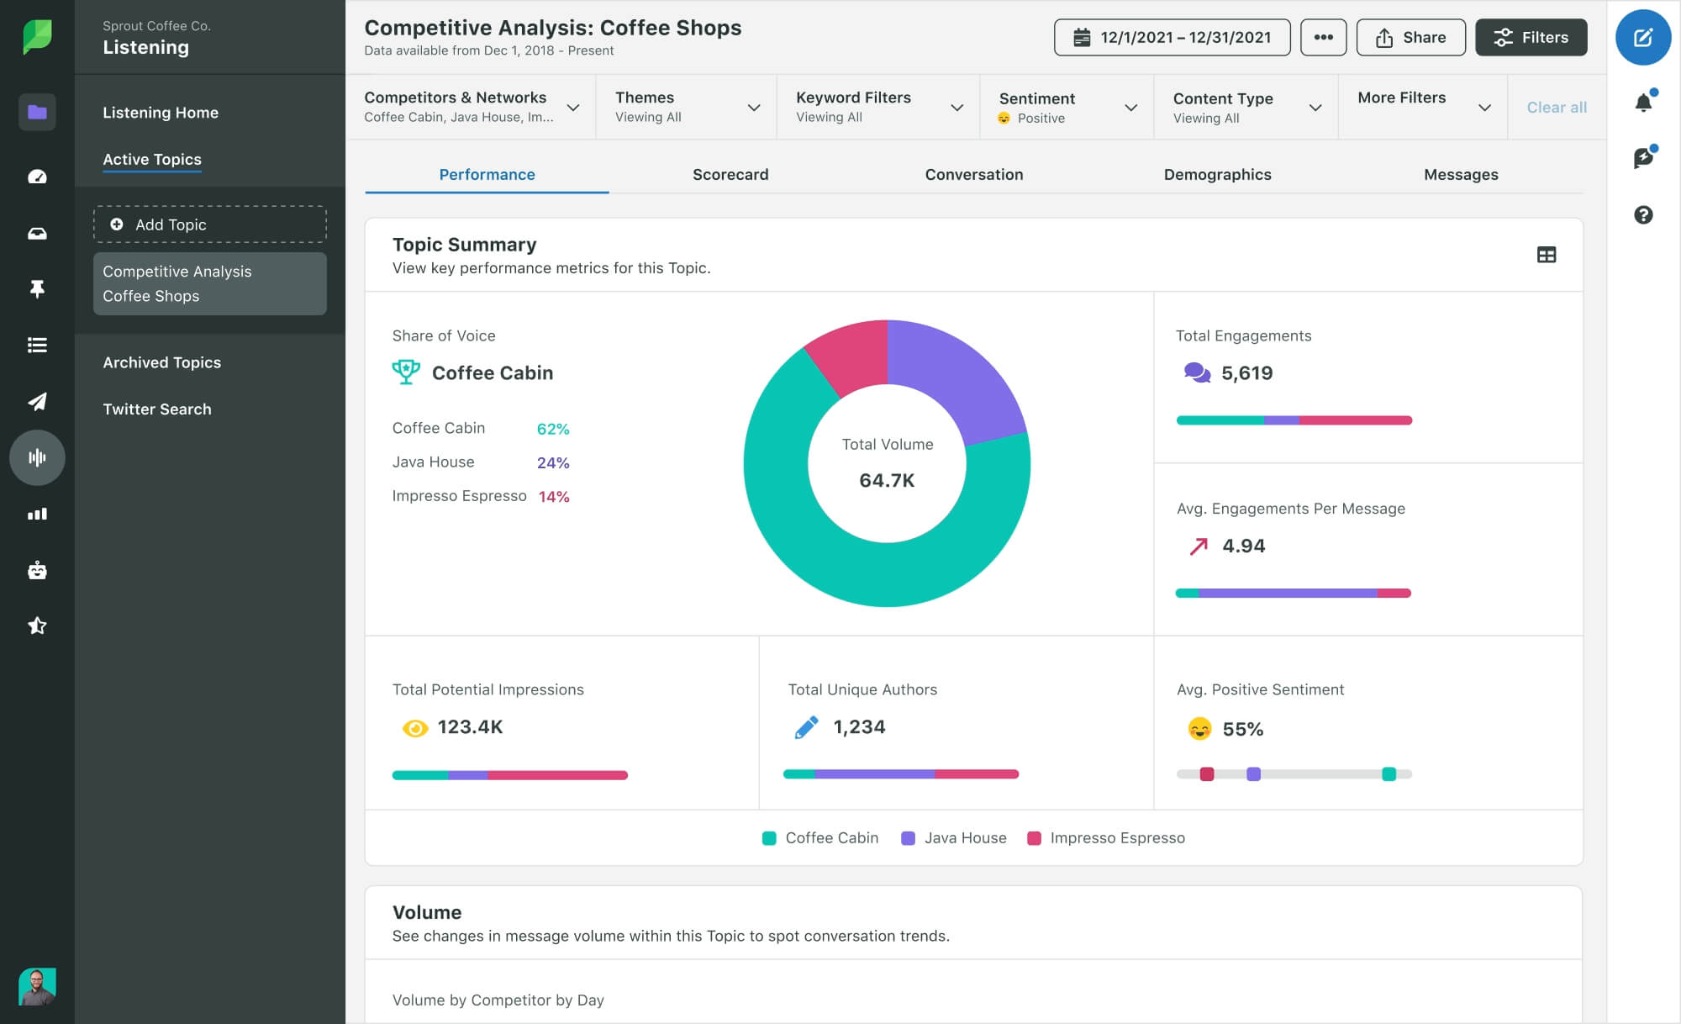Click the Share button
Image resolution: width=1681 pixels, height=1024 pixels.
click(x=1410, y=38)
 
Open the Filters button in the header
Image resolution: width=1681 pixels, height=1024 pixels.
click(x=1531, y=38)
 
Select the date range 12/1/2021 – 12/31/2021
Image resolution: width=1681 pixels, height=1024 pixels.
click(x=1172, y=38)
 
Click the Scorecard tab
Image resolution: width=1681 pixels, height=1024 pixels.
click(x=730, y=175)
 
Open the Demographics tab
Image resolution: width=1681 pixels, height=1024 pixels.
click(x=1216, y=175)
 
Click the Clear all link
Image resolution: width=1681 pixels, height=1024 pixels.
click(x=1556, y=108)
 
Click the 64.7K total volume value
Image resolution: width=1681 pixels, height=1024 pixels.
click(x=887, y=480)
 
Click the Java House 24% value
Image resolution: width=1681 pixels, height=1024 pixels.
click(x=553, y=463)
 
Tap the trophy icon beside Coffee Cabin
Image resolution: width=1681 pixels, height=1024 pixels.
click(x=406, y=372)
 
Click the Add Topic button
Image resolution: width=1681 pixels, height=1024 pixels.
click(x=210, y=224)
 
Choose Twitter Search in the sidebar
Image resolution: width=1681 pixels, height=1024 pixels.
click(x=157, y=409)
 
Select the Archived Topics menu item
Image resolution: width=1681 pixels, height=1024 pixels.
click(x=161, y=362)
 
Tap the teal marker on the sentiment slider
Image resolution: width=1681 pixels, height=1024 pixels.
click(x=1389, y=774)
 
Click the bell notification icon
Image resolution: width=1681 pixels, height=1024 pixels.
click(x=1642, y=103)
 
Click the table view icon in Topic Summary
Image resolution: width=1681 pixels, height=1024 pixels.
click(x=1546, y=255)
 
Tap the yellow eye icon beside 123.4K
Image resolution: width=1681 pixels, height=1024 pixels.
click(x=414, y=728)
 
